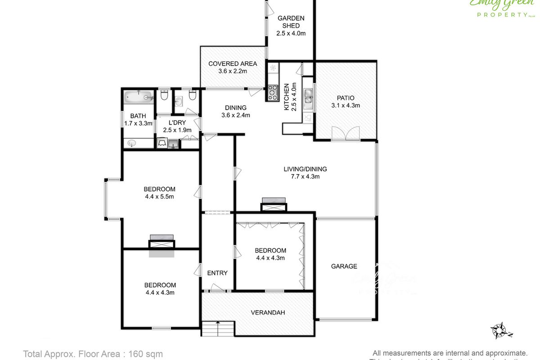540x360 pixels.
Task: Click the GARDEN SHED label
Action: (291, 22)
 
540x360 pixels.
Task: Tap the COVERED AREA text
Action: (233, 63)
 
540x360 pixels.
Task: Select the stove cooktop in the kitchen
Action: (273, 92)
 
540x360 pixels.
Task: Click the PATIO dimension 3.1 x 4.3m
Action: (345, 106)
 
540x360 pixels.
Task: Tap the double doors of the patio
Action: (345, 134)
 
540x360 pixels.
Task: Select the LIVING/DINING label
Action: (305, 169)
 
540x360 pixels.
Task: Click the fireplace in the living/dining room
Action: (274, 205)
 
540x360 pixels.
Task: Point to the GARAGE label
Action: (344, 266)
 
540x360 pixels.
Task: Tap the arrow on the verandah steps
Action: (218, 323)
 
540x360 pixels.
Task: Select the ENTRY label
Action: (217, 273)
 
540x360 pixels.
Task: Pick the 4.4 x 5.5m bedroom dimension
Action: (159, 196)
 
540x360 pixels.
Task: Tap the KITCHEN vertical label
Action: (286, 97)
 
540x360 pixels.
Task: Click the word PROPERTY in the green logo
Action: (499, 14)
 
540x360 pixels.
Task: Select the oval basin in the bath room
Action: (132, 143)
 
